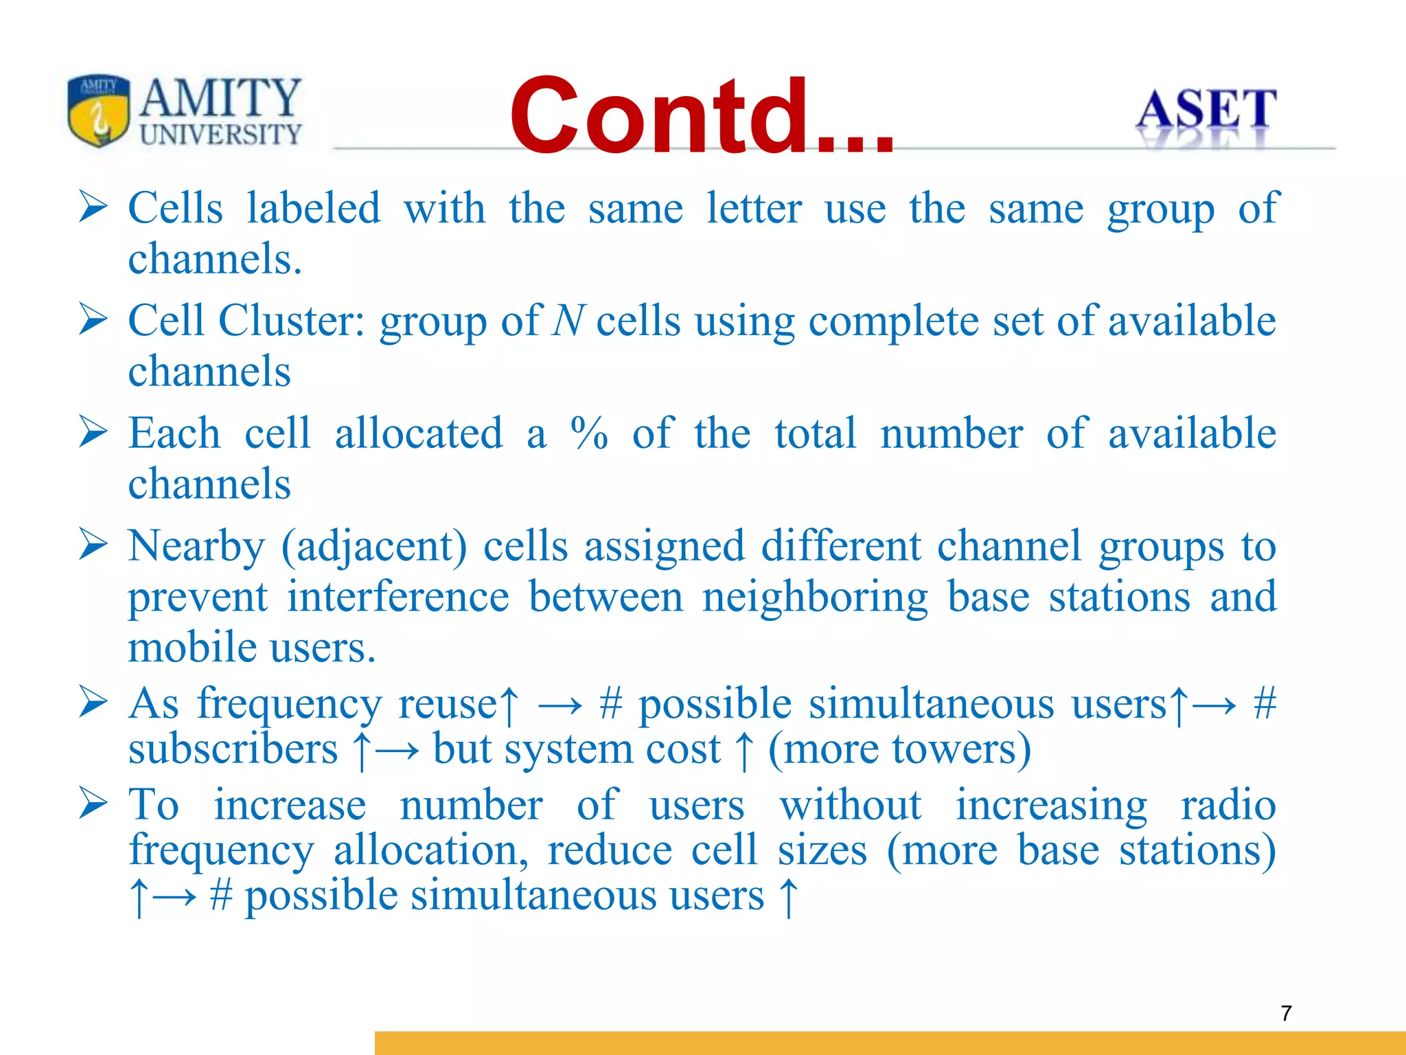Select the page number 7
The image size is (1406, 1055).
coord(1286,1013)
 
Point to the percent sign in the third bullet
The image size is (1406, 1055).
coord(589,433)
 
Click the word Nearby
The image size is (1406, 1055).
coord(196,546)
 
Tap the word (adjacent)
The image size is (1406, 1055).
coord(374,547)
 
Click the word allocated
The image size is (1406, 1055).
coord(418,433)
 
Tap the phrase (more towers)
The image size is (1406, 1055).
coord(899,749)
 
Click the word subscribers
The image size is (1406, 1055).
coord(233,749)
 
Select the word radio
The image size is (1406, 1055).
coord(1228,805)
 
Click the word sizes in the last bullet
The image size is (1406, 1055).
coord(822,850)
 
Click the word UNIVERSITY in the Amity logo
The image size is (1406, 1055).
coord(220,135)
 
